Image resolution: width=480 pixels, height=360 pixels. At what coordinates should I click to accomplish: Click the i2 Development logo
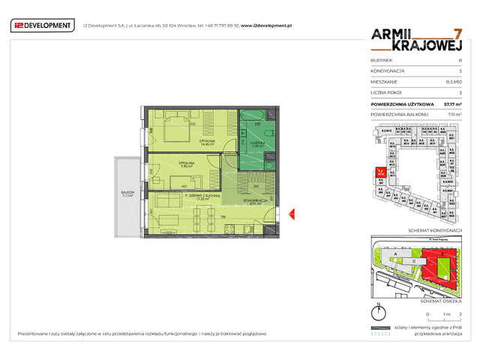click(x=42, y=25)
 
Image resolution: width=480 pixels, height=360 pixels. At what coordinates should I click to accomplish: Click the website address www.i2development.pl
click(x=265, y=25)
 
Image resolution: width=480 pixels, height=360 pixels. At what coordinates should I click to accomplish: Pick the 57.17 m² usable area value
click(x=452, y=103)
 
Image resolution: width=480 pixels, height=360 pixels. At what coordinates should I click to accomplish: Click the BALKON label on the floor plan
click(x=127, y=193)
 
